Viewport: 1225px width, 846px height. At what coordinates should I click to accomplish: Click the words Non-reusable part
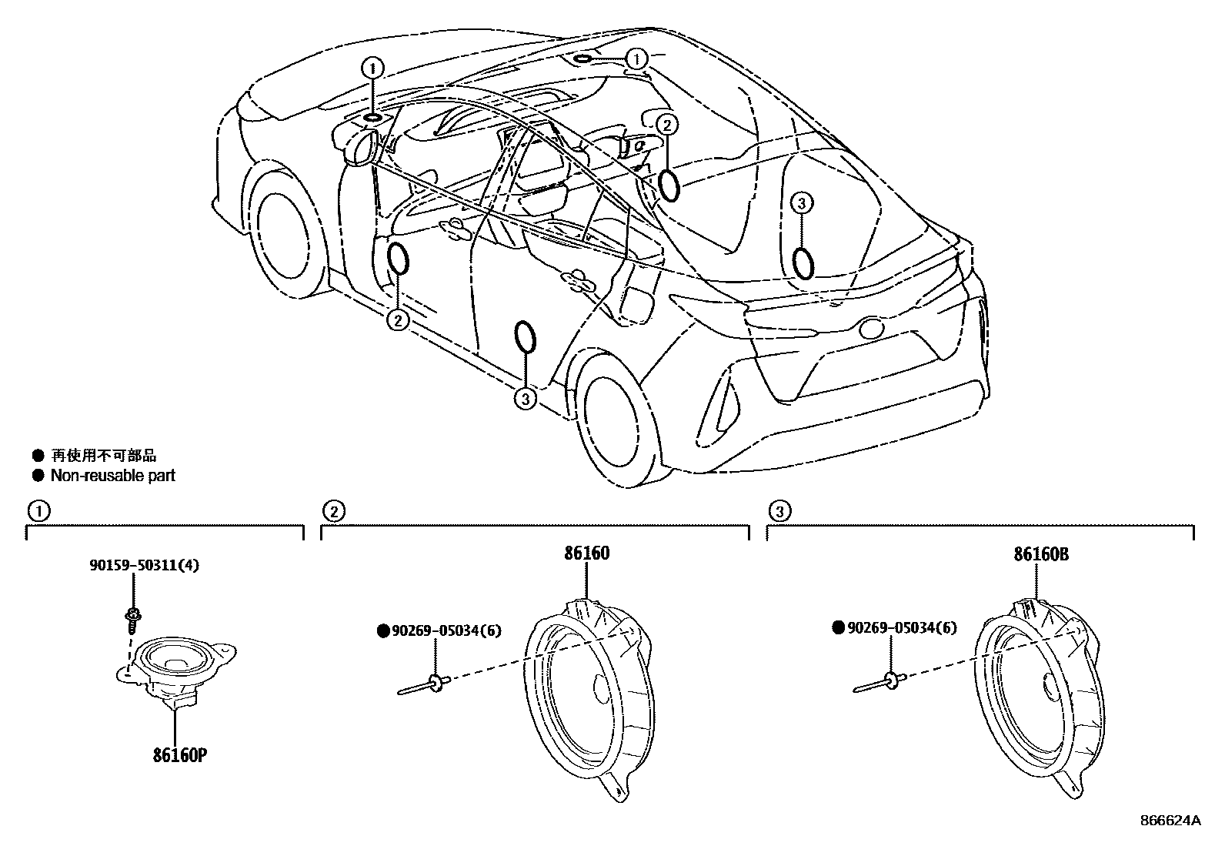112,476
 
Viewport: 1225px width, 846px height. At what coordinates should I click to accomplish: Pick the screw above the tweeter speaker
132,620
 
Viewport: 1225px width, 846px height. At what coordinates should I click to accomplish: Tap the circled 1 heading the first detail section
37,510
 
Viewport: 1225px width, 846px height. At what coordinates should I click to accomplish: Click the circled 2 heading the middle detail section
333,510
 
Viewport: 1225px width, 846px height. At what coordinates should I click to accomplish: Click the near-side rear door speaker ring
525,337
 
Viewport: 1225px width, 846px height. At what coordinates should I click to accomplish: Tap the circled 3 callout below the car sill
525,398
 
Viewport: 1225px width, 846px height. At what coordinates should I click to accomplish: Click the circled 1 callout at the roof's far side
637,59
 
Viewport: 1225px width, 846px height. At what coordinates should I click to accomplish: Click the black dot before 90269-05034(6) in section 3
839,628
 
